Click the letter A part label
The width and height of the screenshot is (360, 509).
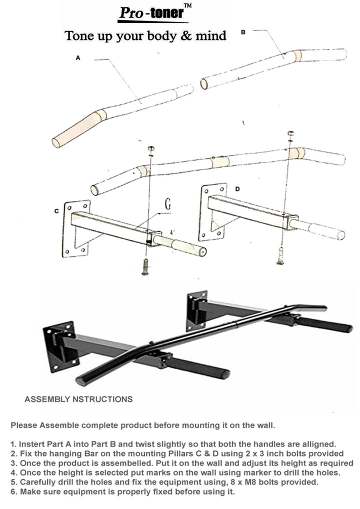78,58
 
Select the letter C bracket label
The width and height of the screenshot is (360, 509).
56,211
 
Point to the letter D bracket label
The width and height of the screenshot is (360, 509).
237,189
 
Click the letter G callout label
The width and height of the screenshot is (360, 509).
167,205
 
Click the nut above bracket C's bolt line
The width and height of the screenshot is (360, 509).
152,149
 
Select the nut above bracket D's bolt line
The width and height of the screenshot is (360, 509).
290,134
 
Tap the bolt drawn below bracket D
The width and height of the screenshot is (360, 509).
281,255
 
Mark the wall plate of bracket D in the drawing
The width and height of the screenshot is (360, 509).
212,212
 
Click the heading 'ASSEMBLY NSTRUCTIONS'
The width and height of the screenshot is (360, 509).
78,399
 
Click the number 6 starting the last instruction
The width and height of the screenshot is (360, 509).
13,491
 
